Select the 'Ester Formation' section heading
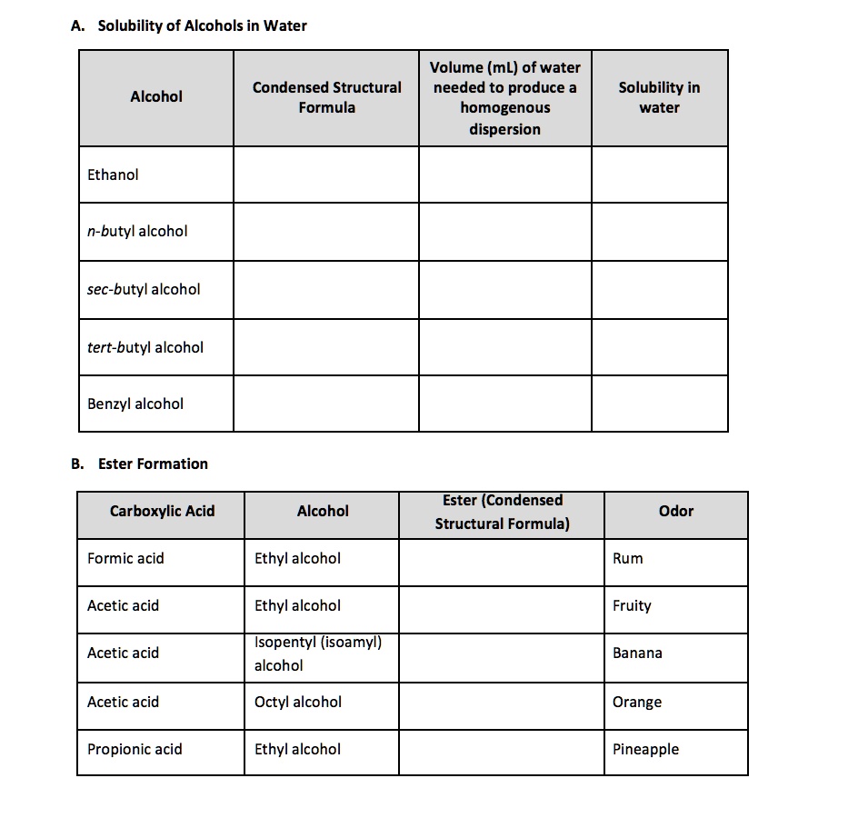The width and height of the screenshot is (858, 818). pos(153,464)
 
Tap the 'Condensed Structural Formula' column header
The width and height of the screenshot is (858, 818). pos(326,97)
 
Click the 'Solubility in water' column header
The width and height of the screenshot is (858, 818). pos(659,97)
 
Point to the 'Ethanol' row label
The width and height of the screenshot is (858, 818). pos(113,175)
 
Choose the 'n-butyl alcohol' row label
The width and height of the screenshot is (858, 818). pos(137,231)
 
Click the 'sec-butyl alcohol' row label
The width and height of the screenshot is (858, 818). pos(144,289)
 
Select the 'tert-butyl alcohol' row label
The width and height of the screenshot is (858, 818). pos(145,347)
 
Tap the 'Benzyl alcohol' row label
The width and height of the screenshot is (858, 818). pos(135,404)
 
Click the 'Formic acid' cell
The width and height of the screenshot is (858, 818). pos(125,558)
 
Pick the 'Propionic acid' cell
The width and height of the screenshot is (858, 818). pos(135,749)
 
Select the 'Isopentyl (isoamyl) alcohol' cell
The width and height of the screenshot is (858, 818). pos(317,653)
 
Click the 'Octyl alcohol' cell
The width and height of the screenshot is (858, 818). pos(298,702)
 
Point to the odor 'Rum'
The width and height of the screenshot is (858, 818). pos(627,558)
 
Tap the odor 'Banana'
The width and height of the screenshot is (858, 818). pos(637,653)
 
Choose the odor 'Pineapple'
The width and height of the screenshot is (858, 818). pos(645,749)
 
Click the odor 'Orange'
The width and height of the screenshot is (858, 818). pos(637,702)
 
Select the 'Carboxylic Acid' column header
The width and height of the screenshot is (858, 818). pos(162,511)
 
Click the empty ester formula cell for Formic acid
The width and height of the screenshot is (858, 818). pos(501,562)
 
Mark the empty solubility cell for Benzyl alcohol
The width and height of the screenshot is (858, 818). pos(659,404)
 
